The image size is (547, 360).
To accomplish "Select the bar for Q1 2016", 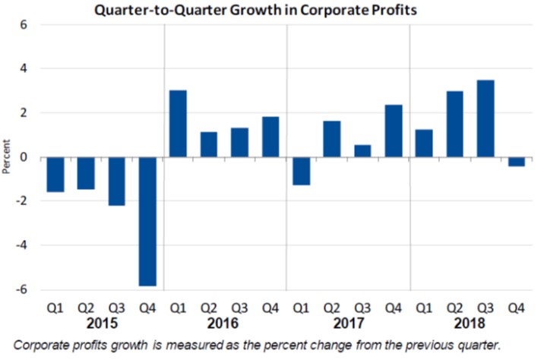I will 178,124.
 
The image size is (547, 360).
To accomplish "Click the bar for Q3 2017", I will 364,151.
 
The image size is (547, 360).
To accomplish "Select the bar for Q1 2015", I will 55,175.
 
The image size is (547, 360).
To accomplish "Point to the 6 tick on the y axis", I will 24,24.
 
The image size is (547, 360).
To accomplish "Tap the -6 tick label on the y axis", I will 22,289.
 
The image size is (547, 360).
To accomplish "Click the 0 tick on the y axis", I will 24,157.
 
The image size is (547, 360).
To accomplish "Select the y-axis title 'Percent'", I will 7,157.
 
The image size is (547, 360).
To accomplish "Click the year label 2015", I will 101,322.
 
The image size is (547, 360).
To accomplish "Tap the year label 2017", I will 349,322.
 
